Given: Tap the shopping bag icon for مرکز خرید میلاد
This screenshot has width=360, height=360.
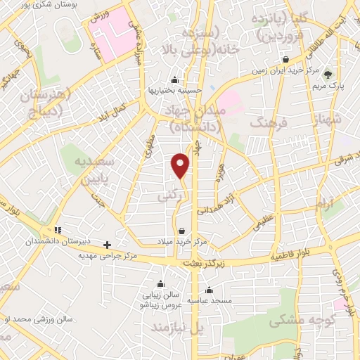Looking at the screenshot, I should [x=181, y=231].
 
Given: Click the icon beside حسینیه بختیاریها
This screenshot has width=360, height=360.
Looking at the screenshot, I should [x=174, y=79].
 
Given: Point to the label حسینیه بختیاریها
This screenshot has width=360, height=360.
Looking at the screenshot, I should [x=175, y=90].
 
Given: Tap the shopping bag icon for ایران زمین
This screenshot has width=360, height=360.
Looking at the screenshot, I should [x=285, y=59].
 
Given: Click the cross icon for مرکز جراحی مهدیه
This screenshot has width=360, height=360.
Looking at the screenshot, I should [x=107, y=245].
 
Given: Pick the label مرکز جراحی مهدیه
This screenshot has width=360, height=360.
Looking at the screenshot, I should [x=107, y=255].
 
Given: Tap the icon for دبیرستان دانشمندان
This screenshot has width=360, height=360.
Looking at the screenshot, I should [x=58, y=230].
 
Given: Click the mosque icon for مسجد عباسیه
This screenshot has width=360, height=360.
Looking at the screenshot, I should [x=208, y=289].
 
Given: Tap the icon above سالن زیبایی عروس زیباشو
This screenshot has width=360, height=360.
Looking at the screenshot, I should [x=162, y=284].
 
